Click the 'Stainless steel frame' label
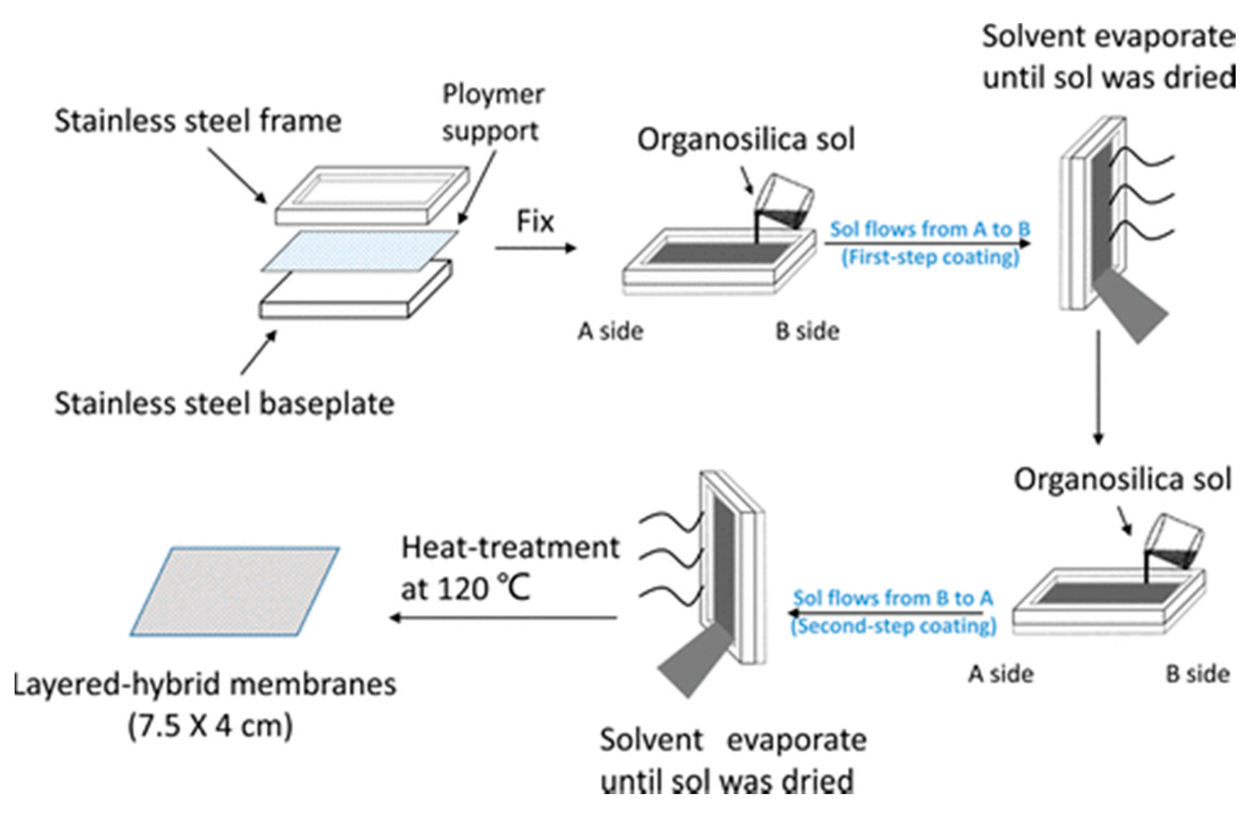(198, 121)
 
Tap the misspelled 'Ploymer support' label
(492, 113)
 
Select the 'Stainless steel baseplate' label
(224, 404)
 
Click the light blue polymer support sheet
(359, 250)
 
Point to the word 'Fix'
(535, 222)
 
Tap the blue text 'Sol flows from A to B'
(930, 229)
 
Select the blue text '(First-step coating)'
(930, 257)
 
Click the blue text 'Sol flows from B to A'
(893, 598)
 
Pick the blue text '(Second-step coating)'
(893, 626)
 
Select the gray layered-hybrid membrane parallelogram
(235, 591)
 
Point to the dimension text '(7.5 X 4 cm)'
(210, 726)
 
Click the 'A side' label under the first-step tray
(611, 331)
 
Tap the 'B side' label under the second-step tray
(1198, 674)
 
